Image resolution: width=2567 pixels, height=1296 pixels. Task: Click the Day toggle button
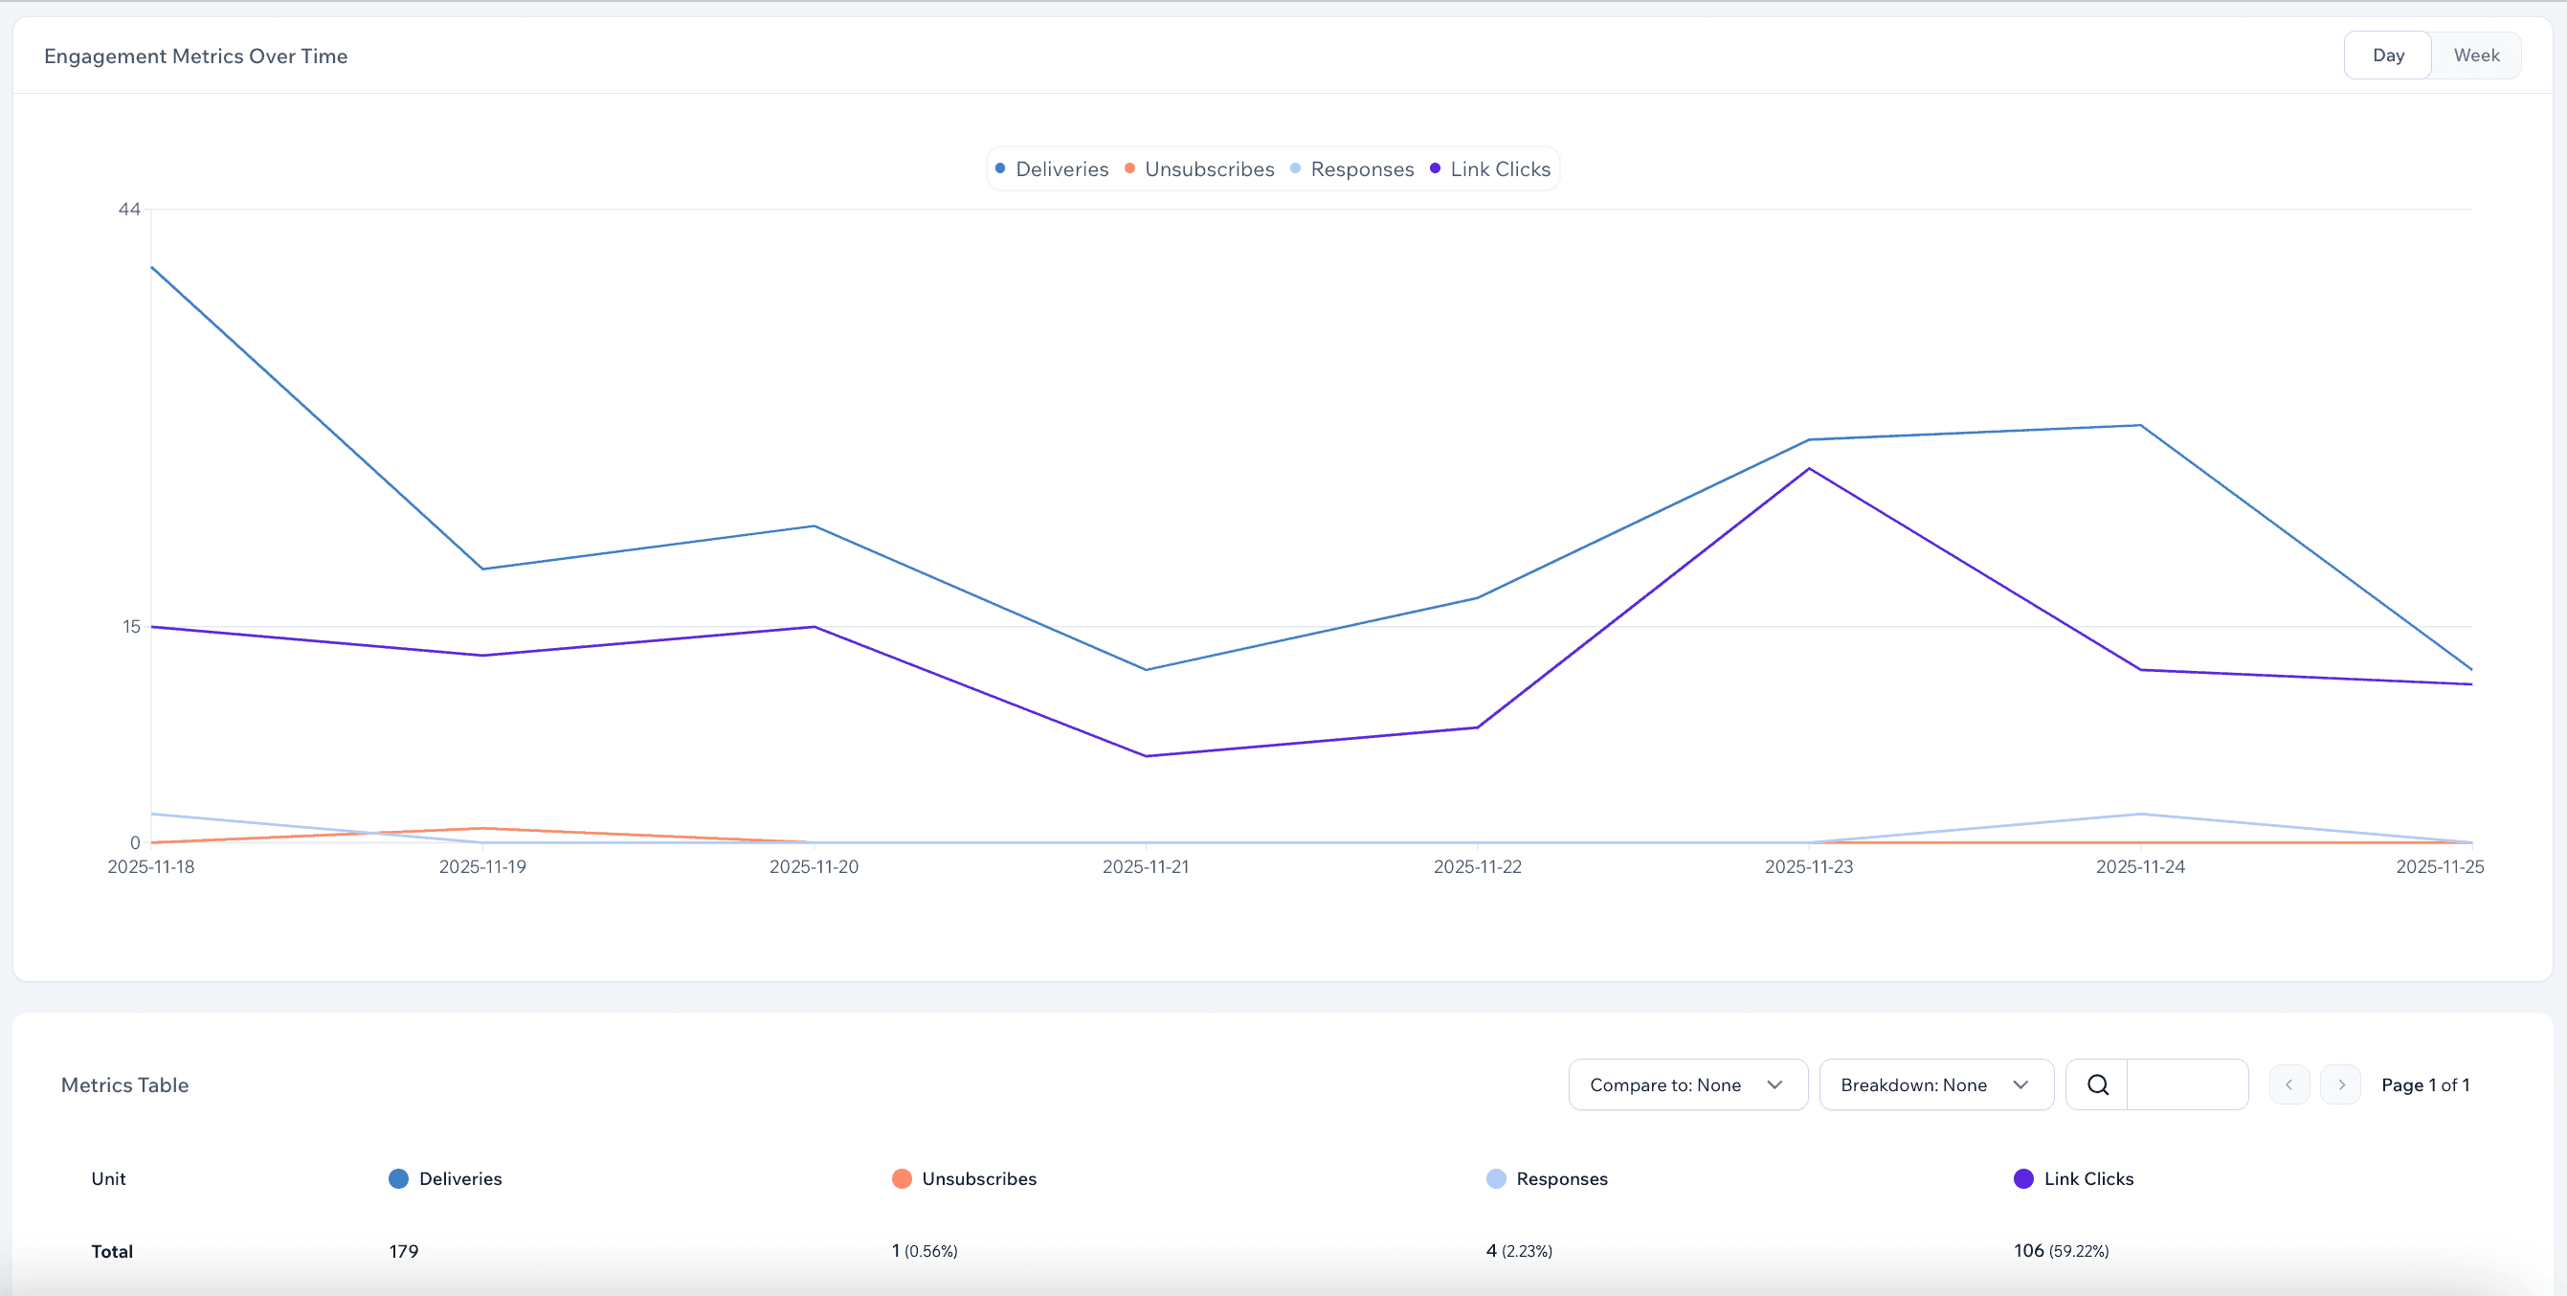click(x=2388, y=56)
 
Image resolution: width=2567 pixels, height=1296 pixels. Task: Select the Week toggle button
click(x=2475, y=56)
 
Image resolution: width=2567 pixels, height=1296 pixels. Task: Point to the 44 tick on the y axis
click(x=129, y=210)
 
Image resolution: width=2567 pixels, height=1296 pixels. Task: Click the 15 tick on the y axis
click(x=131, y=627)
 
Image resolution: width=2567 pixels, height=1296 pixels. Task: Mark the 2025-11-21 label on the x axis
click(x=1146, y=867)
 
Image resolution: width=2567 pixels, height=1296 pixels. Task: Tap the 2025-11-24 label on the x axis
click(x=2140, y=867)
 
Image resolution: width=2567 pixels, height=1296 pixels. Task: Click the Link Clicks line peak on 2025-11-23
click(x=1809, y=469)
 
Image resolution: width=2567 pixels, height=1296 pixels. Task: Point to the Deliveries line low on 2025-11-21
click(x=1146, y=670)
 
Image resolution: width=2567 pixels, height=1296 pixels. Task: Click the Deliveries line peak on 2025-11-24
click(x=2140, y=426)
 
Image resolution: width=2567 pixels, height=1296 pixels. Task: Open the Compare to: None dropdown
click(x=1687, y=1084)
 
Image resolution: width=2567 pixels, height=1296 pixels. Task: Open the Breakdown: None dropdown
click(x=1935, y=1084)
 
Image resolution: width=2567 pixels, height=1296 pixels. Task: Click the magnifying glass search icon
click(x=2098, y=1084)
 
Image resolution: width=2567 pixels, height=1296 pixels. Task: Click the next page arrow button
click(x=2341, y=1084)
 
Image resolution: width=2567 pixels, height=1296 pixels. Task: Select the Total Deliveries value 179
click(x=404, y=1251)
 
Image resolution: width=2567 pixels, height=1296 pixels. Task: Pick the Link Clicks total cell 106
click(x=2029, y=1251)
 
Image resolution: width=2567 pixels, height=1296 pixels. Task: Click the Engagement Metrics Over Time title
click(x=196, y=56)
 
